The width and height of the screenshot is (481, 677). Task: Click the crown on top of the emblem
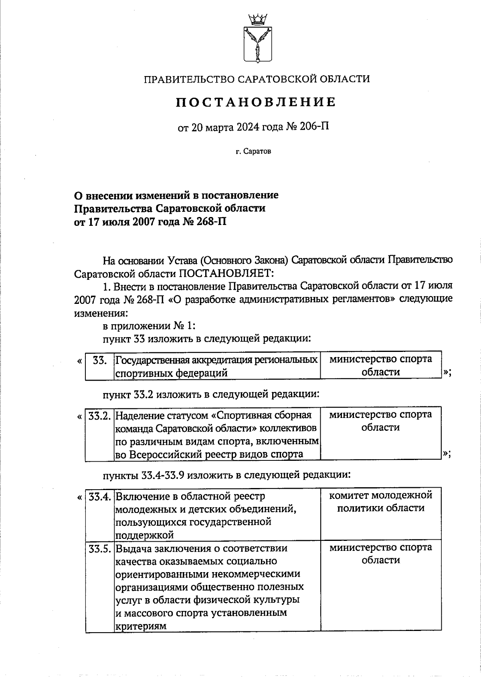tap(257, 18)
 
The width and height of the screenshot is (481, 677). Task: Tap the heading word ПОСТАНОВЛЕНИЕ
tap(256, 102)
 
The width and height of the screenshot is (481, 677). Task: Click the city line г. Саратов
tap(253, 152)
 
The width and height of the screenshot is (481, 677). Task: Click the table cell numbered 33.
tap(99, 360)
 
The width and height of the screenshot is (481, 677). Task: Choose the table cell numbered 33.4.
tap(99, 497)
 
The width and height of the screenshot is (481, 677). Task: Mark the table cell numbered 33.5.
tap(99, 548)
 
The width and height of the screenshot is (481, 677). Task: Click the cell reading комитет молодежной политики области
tap(380, 502)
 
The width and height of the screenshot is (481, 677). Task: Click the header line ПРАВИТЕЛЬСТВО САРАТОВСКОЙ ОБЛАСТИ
tap(257, 79)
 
